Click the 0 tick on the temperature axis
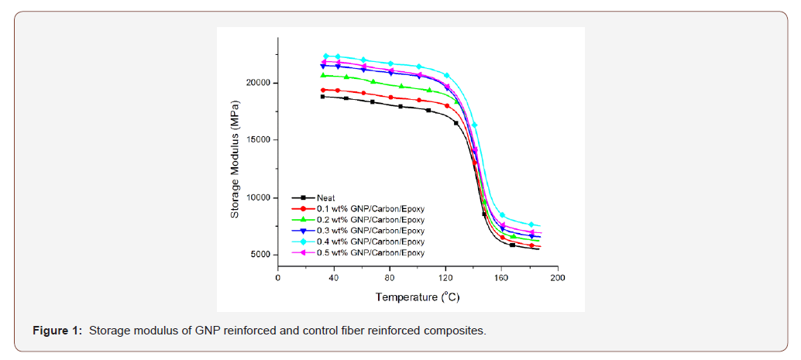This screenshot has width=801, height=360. point(278,278)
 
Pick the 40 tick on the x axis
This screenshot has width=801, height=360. point(334,278)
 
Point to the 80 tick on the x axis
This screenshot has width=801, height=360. point(390,278)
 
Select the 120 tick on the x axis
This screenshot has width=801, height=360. point(445,278)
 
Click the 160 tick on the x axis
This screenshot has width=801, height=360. point(501,278)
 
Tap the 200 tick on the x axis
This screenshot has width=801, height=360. point(557,278)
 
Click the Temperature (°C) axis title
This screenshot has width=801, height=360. point(417,297)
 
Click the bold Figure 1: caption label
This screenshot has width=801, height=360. point(57,331)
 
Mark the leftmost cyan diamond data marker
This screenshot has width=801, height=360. point(326,56)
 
